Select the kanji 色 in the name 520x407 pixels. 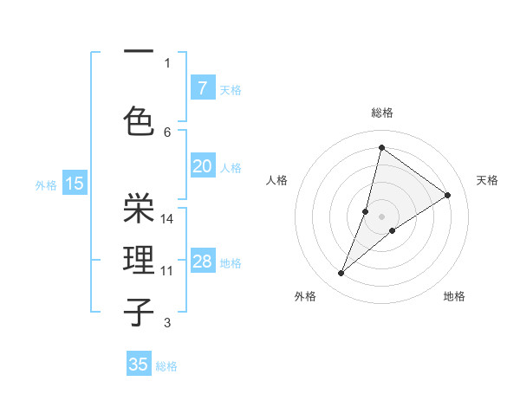tap(139, 121)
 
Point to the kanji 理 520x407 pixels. tap(139, 260)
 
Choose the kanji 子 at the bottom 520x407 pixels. tap(139, 312)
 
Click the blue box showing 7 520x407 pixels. tap(202, 87)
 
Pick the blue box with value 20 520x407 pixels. tap(202, 166)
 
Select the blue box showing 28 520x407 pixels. tap(202, 262)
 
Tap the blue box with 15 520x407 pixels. tap(75, 183)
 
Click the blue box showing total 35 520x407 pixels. tap(139, 365)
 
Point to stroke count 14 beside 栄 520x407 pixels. tap(167, 219)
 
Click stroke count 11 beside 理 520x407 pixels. tap(167, 271)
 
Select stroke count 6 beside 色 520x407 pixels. tap(167, 132)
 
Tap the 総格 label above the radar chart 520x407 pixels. tap(381, 113)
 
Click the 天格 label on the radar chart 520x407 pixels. tap(487, 180)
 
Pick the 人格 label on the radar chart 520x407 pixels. tap(277, 180)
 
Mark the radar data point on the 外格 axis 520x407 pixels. tap(341, 274)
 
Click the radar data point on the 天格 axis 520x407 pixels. tap(448, 195)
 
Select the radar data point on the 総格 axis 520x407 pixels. tap(381, 147)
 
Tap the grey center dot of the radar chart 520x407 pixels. tap(381, 216)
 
